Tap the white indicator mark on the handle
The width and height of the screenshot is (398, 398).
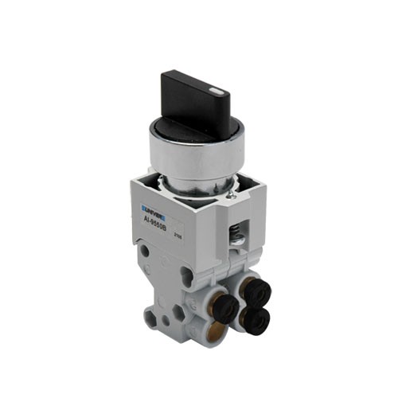click(x=216, y=92)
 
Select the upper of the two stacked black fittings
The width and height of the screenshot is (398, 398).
click(x=257, y=292)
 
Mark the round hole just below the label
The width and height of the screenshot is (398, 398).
click(x=145, y=251)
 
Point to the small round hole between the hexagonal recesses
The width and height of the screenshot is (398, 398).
click(x=166, y=321)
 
